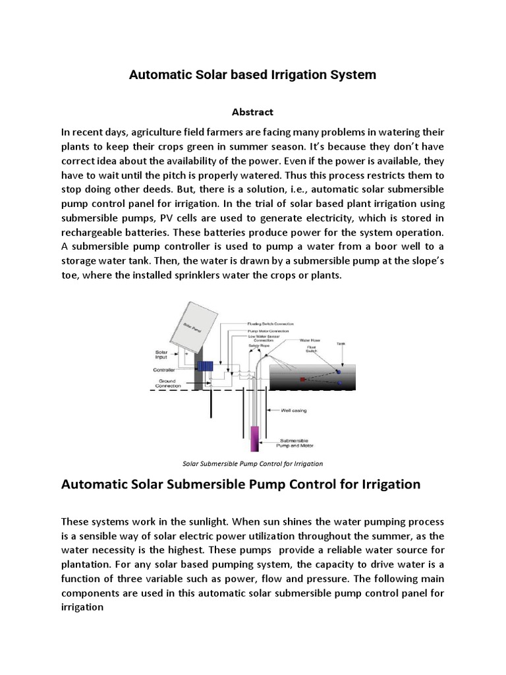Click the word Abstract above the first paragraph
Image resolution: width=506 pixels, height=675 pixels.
(x=253, y=112)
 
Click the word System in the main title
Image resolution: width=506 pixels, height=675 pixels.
(x=354, y=75)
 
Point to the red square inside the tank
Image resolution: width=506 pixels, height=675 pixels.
(x=302, y=380)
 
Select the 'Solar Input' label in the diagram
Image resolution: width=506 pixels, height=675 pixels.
(x=162, y=355)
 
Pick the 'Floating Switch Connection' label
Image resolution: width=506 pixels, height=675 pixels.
(x=270, y=324)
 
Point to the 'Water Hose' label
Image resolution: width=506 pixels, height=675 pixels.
(x=310, y=341)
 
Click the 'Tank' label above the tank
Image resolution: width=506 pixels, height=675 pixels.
(x=341, y=343)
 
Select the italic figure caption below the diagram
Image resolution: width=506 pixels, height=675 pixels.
(x=252, y=463)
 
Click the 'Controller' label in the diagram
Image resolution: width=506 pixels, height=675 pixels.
(x=164, y=370)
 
